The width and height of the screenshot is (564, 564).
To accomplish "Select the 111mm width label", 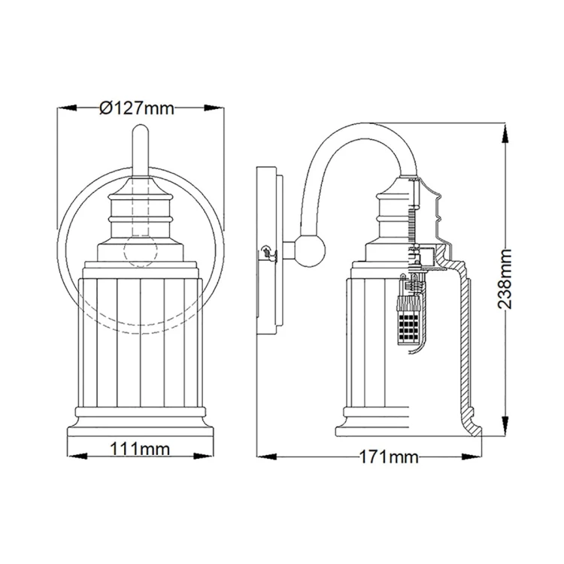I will (139, 450).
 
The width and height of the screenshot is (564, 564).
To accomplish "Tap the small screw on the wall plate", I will (264, 252).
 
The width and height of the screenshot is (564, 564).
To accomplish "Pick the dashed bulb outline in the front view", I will (140, 248).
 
